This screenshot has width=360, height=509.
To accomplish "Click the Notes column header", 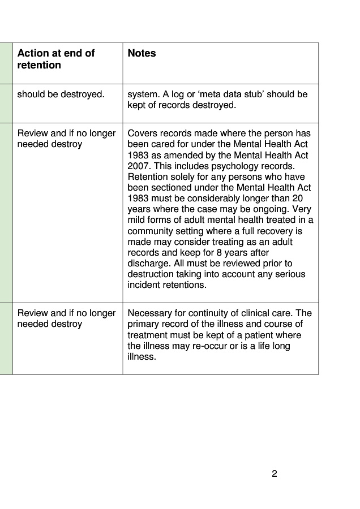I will pos(142,54).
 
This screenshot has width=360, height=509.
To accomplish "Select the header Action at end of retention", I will pos(55,59).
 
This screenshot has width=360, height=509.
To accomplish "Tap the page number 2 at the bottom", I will pos(275,474).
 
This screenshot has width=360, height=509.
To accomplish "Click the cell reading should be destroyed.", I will pos(61,94).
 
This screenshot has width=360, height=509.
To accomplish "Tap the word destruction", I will pos(149,274).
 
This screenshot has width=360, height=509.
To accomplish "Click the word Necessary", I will pos(150,313).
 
